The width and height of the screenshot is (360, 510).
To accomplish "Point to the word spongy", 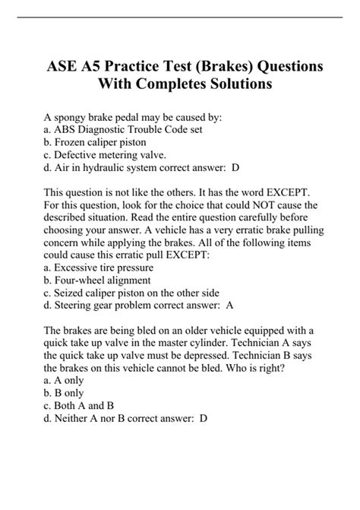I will (x=75, y=117).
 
